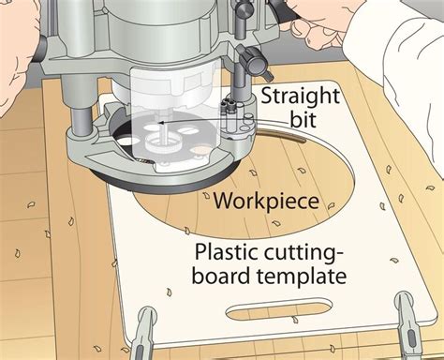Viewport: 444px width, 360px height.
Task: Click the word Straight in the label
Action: click(x=300, y=97)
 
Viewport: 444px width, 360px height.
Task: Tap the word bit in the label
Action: click(x=303, y=119)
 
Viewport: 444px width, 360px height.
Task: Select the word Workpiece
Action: click(x=266, y=202)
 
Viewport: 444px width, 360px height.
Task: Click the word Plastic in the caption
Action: click(x=227, y=251)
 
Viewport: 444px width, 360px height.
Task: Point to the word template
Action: click(x=302, y=277)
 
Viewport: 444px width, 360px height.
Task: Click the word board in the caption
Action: click(x=221, y=275)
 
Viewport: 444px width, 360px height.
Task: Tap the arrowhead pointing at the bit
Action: click(x=161, y=124)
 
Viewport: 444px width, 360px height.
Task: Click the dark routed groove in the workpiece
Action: click(x=280, y=134)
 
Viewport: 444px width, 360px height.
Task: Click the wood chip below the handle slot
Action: click(x=294, y=320)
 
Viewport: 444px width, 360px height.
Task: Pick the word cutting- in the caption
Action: click(x=303, y=253)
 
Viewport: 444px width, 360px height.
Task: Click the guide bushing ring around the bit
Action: click(x=162, y=144)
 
